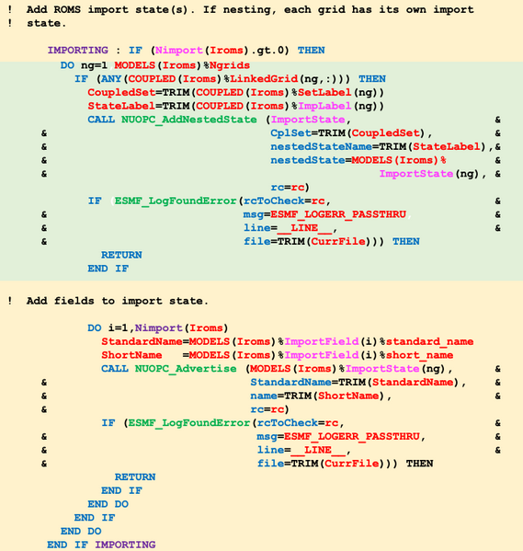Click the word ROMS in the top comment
(x=67, y=9)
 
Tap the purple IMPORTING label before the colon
(x=77, y=51)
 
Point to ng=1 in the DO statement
(x=94, y=65)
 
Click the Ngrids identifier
(x=230, y=65)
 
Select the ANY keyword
(x=111, y=79)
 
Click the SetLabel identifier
(x=324, y=92)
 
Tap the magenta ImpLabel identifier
(x=324, y=106)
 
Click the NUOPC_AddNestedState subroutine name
(x=189, y=120)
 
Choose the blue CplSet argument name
(x=290, y=133)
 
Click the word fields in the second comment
(x=74, y=301)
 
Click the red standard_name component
(x=429, y=341)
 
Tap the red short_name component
(x=419, y=355)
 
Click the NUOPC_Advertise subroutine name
(x=186, y=369)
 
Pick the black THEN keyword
(x=419, y=464)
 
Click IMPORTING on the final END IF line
(x=125, y=545)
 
